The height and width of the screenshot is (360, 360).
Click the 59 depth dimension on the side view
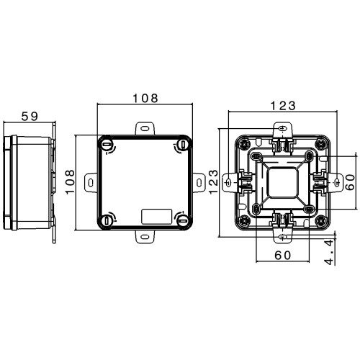[30, 117]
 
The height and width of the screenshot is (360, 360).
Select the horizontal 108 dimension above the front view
[145, 98]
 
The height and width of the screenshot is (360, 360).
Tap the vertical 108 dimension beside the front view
[70, 182]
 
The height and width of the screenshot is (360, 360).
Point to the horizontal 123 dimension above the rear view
[283, 106]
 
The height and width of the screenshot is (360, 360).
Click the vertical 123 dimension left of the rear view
[213, 181]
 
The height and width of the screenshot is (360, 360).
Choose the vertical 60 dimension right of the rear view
[351, 182]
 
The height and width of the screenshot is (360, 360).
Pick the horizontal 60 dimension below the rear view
[283, 256]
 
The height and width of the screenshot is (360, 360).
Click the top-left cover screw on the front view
[107, 145]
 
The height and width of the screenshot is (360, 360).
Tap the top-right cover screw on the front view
[183, 145]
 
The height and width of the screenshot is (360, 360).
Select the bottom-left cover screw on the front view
[107, 220]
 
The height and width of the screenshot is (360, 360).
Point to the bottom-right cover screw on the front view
[183, 220]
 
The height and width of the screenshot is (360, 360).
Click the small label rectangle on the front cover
[157, 217]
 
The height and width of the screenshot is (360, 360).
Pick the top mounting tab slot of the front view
[145, 128]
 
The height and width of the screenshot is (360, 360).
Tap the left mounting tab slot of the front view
[91, 183]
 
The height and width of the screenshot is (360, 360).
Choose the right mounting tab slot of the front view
[199, 183]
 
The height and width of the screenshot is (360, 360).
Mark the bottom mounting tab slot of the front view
[145, 237]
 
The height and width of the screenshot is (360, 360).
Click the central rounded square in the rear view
[283, 183]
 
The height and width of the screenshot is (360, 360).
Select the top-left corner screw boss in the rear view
[245, 144]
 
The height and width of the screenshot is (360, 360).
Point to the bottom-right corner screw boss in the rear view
[321, 220]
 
